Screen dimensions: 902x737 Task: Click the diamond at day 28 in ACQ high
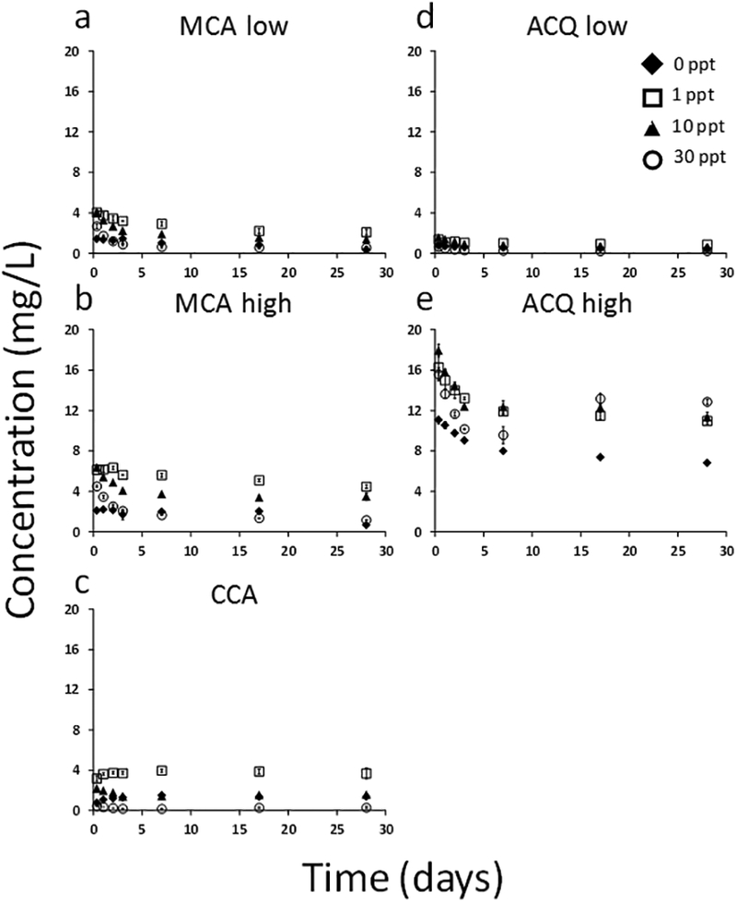tap(707, 463)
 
